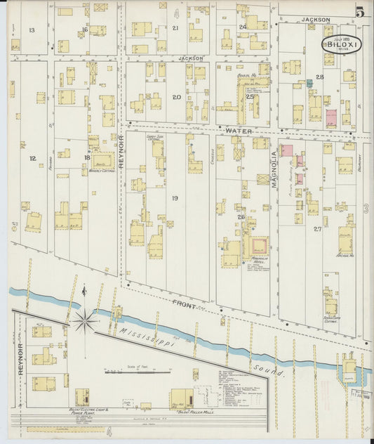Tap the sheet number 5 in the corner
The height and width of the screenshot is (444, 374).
[x=359, y=12]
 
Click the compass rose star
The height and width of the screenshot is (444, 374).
[x=84, y=322]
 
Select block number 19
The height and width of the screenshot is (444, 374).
[x=175, y=198]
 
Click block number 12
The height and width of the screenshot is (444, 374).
[x=32, y=158]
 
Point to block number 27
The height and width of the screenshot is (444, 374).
[x=317, y=229]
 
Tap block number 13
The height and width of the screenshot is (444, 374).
[x=32, y=30]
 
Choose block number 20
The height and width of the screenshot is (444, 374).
[x=176, y=97]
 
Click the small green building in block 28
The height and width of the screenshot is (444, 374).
[x=309, y=83]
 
